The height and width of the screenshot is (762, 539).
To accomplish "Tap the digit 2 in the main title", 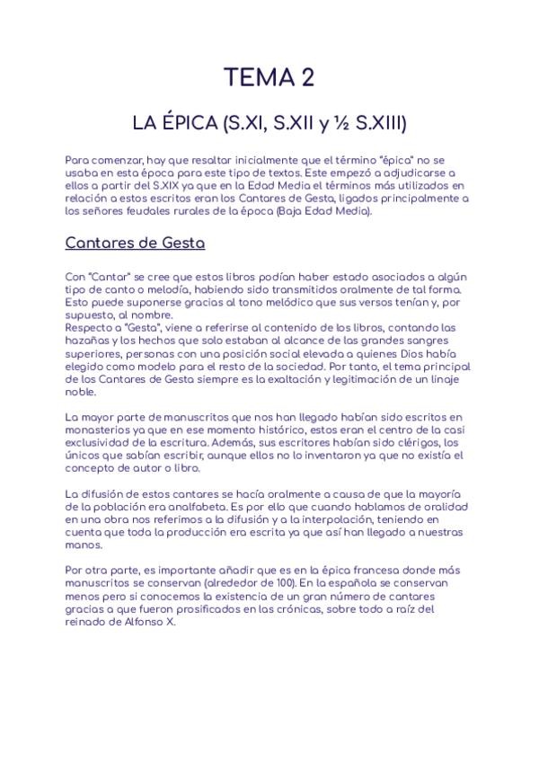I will pyautogui.click(x=308, y=79).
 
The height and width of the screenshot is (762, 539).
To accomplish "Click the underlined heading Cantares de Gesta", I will pyautogui.click(x=136, y=243).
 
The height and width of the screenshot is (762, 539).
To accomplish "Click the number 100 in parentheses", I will pyautogui.click(x=339, y=583).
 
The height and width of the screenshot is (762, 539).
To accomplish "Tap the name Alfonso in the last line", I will pyautogui.click(x=137, y=622).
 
